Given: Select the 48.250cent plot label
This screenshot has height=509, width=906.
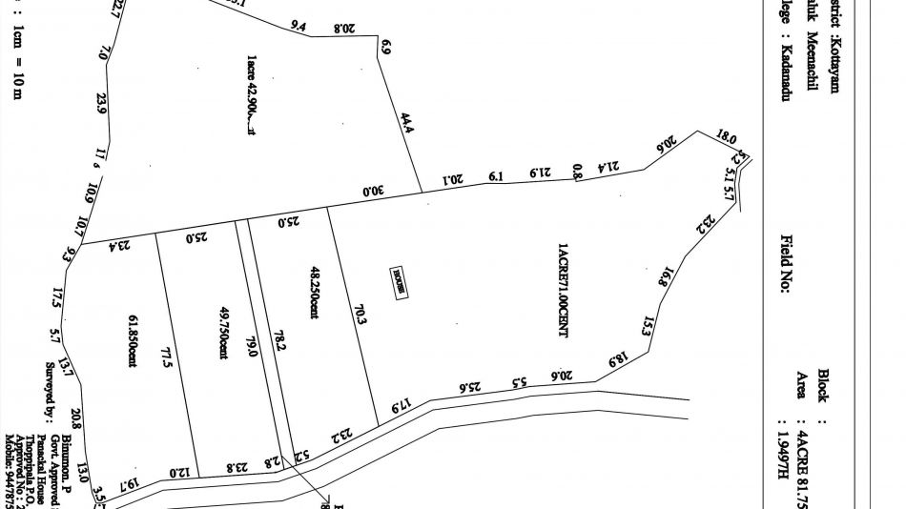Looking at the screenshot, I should [x=314, y=292].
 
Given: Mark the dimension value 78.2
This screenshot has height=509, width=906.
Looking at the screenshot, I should [x=278, y=341].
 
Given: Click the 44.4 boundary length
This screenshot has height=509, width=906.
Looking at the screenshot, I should [x=406, y=124].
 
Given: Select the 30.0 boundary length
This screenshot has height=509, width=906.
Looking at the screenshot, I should [x=373, y=191].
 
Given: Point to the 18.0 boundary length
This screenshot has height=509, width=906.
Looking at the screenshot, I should [x=726, y=138].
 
